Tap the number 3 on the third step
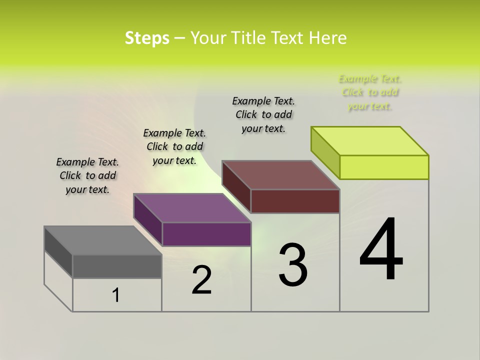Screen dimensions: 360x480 (x=293, y=265)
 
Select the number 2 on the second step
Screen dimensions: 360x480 (x=201, y=280)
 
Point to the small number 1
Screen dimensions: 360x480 (x=116, y=295)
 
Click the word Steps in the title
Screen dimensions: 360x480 (x=147, y=38)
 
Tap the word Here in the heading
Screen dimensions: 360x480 (x=328, y=38)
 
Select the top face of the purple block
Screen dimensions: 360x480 (x=192, y=208)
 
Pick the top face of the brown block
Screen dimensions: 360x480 (x=280, y=175)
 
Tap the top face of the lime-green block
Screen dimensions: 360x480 (x=370, y=141)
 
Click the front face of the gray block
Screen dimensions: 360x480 (x=117, y=266)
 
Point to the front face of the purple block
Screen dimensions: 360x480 (x=206, y=234)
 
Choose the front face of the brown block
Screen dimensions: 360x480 (x=295, y=201)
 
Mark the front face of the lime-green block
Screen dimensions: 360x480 (x=384, y=167)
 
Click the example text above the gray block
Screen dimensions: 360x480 (x=87, y=175)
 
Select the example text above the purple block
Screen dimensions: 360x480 (x=174, y=146)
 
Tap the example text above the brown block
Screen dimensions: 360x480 (x=263, y=114)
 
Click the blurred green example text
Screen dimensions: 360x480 (x=370, y=92)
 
